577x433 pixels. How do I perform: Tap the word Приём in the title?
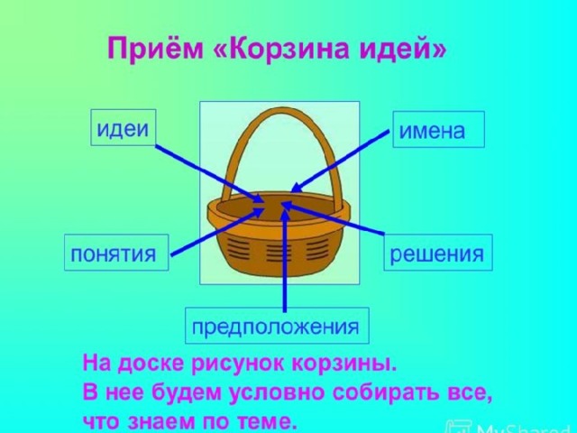coord(155,48)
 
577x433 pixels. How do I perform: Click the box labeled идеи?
coord(124,127)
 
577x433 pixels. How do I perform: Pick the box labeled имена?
coord(439,129)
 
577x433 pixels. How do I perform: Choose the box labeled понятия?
coord(116,253)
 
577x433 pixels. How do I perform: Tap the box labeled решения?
coord(438,253)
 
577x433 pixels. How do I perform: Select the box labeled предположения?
coord(277,326)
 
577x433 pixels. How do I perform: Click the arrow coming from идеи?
coord(209,173)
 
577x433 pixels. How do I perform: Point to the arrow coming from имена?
coord(339,161)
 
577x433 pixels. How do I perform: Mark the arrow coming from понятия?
coord(218,232)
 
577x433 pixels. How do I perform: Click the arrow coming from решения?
coord(333,218)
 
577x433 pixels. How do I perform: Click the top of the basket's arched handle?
coord(282,110)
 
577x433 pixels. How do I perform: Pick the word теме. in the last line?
coord(267,421)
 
